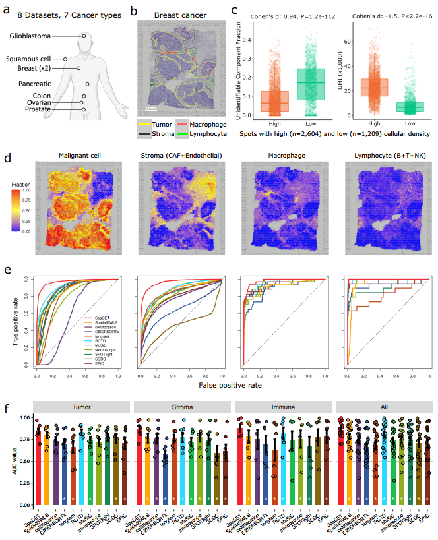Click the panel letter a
pos(7,10)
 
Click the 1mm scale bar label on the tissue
pos(150,107)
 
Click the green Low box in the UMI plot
pos(410,107)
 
